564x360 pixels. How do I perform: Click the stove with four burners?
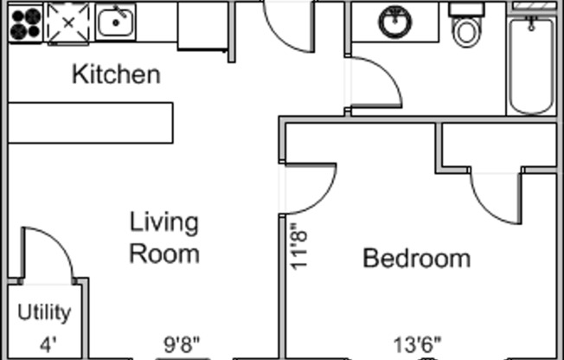[x=25, y=23]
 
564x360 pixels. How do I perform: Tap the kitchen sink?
[x=115, y=22]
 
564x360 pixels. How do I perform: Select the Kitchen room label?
[x=115, y=74]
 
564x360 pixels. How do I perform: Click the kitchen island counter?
[x=91, y=122]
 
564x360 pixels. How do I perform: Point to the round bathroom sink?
[x=395, y=22]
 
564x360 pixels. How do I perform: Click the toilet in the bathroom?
[x=466, y=28]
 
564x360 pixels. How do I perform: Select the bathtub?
[x=530, y=64]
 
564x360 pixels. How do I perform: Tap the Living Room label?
[x=163, y=238]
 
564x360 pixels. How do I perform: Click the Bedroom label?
[x=416, y=258]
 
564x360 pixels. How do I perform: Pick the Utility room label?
[x=44, y=312]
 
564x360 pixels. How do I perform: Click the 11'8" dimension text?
[x=299, y=247]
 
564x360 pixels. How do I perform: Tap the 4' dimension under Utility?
[x=47, y=344]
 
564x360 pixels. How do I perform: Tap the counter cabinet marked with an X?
[x=67, y=22]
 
